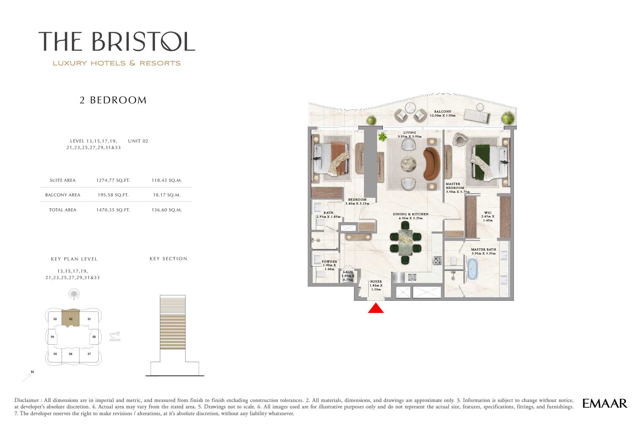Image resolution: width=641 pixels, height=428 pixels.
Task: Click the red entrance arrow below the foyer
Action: [x=376, y=308]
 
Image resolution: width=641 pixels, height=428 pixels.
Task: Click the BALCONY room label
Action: [x=443, y=112]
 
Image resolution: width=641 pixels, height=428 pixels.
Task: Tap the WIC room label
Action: [x=488, y=213]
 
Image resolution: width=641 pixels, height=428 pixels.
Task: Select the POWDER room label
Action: [x=329, y=262]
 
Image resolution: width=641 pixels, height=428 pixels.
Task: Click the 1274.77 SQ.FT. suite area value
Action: [x=113, y=180]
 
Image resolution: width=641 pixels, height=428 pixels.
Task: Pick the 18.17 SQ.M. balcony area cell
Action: [x=167, y=195]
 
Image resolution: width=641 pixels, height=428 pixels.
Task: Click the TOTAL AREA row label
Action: [x=63, y=210]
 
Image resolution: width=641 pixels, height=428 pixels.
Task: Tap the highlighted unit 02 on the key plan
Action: [x=71, y=318]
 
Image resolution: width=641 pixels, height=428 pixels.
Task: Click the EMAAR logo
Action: [x=605, y=403]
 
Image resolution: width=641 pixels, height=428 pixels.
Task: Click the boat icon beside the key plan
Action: [x=115, y=336]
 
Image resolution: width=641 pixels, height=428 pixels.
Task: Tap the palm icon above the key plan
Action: [x=74, y=294]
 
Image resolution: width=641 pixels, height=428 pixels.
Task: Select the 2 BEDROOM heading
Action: [x=113, y=100]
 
